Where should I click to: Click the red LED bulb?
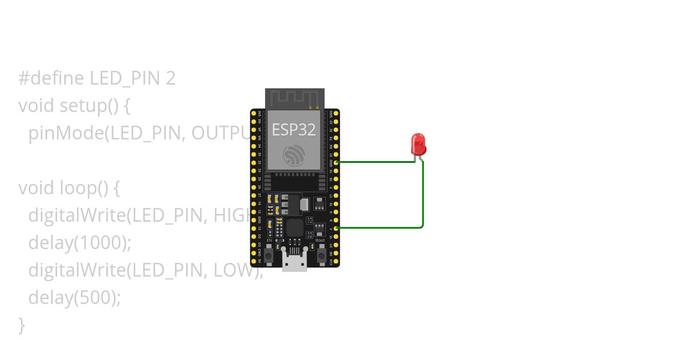(x=418, y=143)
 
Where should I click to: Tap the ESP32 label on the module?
(x=293, y=130)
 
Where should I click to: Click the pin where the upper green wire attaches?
(x=336, y=162)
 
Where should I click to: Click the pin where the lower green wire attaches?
(x=336, y=228)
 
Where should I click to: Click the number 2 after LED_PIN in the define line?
(x=170, y=78)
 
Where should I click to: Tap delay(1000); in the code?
(x=80, y=243)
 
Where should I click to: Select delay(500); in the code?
(x=75, y=298)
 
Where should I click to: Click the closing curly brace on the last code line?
(x=22, y=325)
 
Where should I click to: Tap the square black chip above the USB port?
(x=295, y=228)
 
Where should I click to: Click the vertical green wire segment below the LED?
(x=423, y=194)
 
